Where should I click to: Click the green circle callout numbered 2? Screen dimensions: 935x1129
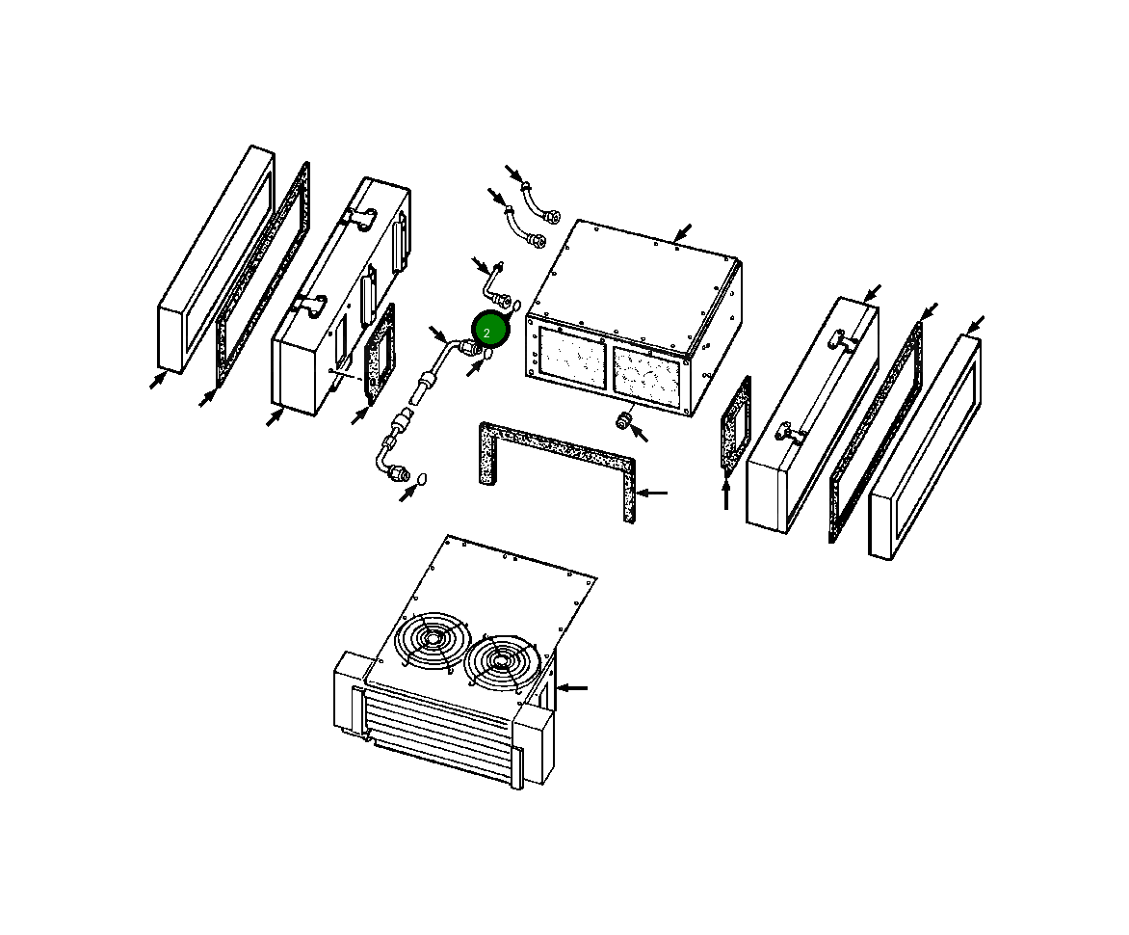(487, 331)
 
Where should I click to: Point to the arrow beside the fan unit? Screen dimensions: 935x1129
(572, 687)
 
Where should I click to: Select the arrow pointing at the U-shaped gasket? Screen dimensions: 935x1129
(653, 493)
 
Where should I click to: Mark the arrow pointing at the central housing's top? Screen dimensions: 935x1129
(682, 232)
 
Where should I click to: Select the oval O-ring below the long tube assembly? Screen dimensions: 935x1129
(421, 478)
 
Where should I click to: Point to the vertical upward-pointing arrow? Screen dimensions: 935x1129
(726, 493)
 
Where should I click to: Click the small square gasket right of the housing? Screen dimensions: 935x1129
(736, 425)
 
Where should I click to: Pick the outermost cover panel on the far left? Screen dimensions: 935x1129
(214, 260)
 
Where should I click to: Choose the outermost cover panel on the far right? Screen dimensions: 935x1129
(925, 448)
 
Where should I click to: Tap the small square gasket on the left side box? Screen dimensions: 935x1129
(381, 356)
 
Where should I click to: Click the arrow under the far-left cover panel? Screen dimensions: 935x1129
(157, 380)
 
